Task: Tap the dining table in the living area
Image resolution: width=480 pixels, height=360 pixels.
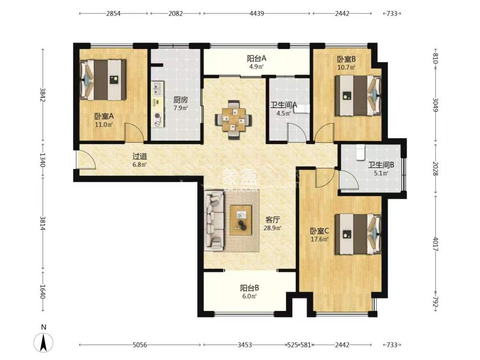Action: (234, 120)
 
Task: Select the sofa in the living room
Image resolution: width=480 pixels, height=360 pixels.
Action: (214, 219)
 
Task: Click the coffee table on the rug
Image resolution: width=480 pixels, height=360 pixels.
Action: (241, 220)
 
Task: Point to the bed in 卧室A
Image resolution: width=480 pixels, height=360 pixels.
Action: (103, 80)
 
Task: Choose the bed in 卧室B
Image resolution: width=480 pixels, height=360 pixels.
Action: (358, 95)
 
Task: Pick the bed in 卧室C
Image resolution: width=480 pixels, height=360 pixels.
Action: (358, 234)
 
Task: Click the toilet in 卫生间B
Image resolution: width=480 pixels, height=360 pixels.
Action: (360, 152)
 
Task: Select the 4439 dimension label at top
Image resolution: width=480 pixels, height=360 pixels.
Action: (256, 13)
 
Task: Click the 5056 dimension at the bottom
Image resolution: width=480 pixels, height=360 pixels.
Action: (140, 345)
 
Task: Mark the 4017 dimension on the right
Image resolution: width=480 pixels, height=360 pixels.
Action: (436, 243)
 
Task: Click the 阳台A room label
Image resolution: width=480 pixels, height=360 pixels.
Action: (256, 58)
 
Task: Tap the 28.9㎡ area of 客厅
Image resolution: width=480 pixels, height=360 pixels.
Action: (273, 228)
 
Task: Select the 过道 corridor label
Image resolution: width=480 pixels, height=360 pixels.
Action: (140, 156)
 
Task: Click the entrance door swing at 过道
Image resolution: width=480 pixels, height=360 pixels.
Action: (86, 160)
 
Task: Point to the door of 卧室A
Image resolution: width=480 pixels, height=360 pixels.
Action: (134, 132)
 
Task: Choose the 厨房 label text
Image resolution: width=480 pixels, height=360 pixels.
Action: (180, 100)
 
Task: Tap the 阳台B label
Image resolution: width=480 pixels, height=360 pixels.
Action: (250, 288)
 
